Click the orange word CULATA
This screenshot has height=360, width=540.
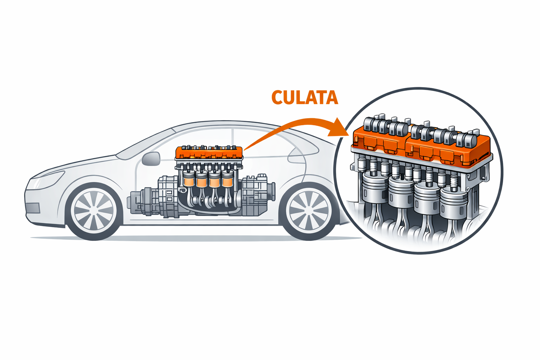[x=304, y=97]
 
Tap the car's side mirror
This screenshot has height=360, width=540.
[x=151, y=159]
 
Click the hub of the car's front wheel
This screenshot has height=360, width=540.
[x=94, y=211]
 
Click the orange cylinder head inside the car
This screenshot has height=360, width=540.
[x=209, y=153]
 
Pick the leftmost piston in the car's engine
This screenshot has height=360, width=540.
[x=189, y=179]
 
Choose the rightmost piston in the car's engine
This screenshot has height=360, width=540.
[x=227, y=179]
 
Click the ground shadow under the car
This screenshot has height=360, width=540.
[x=197, y=239]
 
